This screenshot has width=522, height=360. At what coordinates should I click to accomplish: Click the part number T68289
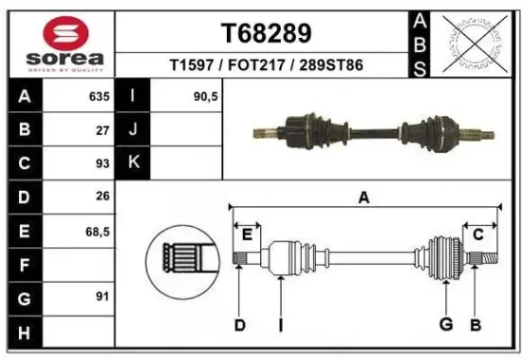(x=266, y=32)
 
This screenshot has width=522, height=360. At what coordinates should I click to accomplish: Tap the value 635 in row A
(x=98, y=97)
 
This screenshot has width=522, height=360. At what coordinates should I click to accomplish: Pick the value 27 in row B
(x=103, y=130)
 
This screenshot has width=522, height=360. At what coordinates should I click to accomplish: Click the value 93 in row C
(x=103, y=163)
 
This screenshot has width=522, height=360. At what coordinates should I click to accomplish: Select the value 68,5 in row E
(x=97, y=230)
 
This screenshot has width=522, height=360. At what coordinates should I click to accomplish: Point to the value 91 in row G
(x=103, y=296)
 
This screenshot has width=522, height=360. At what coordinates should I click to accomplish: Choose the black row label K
(x=134, y=163)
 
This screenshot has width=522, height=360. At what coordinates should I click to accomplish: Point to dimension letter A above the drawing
(x=363, y=198)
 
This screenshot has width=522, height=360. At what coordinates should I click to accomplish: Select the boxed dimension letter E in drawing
(x=247, y=234)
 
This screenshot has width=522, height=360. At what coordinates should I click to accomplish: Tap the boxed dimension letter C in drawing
(x=478, y=234)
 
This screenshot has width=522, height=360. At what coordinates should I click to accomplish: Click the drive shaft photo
(x=372, y=130)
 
